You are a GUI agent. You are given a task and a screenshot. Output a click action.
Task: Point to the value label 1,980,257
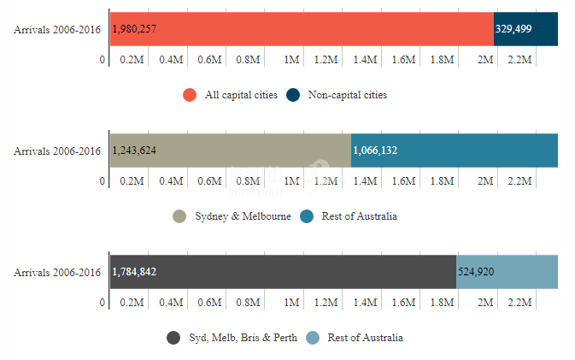tap(134, 29)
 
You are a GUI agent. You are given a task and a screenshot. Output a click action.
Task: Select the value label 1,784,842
tap(134, 272)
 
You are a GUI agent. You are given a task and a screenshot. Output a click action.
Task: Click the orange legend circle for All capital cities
tap(190, 95)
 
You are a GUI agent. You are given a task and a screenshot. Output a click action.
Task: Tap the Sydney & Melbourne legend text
tap(243, 216)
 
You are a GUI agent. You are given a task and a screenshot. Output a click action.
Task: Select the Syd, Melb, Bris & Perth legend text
tap(243, 338)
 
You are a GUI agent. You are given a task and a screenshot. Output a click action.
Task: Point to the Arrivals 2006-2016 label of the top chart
tap(57, 30)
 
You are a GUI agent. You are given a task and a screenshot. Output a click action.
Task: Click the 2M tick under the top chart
tap(485, 60)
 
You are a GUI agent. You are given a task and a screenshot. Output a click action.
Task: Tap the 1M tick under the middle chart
tap(291, 181)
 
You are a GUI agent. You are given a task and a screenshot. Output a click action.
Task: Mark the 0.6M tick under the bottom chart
tap(210, 303)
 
